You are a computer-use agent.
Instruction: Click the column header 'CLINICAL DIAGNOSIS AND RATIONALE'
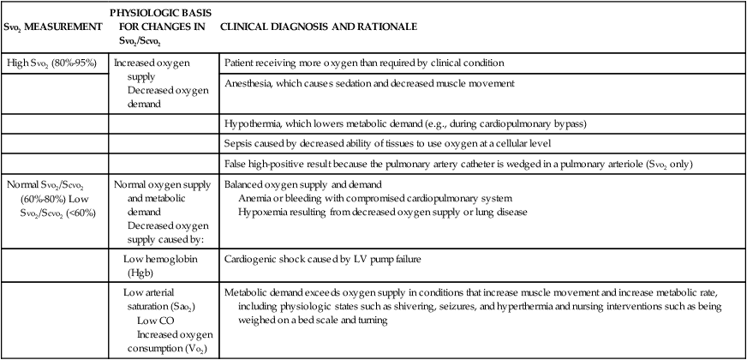(319, 27)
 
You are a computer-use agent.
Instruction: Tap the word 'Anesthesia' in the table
(248, 84)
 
